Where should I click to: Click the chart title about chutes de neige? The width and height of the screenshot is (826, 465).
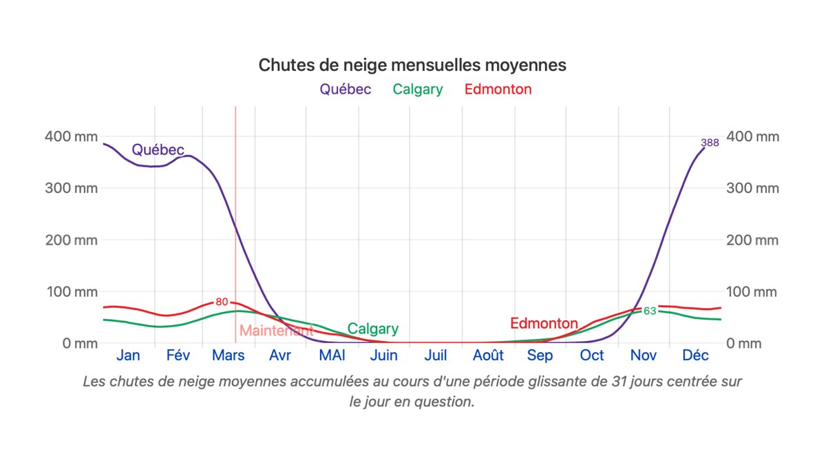(x=412, y=65)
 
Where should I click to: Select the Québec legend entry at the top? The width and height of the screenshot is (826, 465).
(x=345, y=89)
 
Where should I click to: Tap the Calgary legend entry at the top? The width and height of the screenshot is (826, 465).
(x=418, y=89)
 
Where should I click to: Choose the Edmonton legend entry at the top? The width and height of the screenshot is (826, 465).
(x=498, y=89)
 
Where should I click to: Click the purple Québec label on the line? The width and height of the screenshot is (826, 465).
(x=158, y=149)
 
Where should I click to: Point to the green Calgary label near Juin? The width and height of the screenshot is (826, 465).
(x=372, y=329)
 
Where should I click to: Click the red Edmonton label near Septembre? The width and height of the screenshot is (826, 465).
(x=544, y=323)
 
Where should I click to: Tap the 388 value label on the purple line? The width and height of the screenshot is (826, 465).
(x=710, y=143)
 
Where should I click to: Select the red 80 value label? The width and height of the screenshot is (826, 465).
(x=222, y=302)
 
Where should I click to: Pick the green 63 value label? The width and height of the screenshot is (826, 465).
(x=650, y=311)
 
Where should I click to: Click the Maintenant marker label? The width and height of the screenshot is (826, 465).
(x=276, y=331)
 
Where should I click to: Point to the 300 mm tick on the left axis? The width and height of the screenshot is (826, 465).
(x=71, y=188)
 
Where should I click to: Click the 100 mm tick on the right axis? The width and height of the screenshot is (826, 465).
(x=752, y=291)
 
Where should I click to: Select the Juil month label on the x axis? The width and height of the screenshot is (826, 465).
(x=436, y=355)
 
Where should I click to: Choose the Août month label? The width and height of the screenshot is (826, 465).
(x=488, y=355)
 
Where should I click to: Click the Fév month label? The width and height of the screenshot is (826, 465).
(x=178, y=355)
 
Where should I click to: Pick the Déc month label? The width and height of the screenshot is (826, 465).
(x=695, y=355)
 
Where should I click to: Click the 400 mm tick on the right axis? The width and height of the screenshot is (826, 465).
(x=752, y=136)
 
